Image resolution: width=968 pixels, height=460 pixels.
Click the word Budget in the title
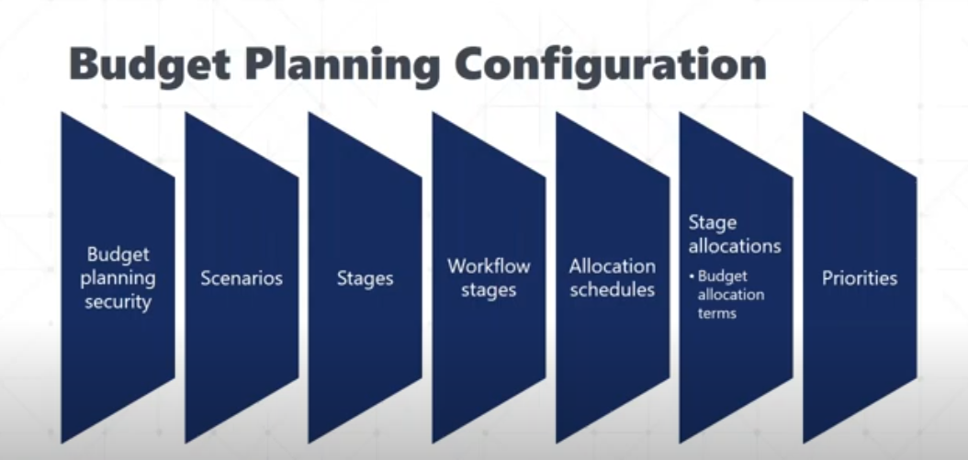pos(150,65)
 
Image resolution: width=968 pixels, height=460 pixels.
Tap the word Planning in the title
pos(343,65)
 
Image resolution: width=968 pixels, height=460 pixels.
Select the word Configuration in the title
pos(610,65)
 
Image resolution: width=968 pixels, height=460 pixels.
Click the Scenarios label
pos(242,278)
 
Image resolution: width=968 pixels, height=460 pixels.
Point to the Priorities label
pos(860,278)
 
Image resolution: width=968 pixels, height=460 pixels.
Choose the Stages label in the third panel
pos(365,278)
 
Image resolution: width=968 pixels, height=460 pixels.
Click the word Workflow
pos(489,266)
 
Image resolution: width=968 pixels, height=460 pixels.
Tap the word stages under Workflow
pos(489,290)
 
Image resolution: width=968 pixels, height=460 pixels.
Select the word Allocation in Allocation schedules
pos(612,266)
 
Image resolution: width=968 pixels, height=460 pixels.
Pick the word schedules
pos(612,289)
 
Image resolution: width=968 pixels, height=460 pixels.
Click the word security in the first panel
pos(118,302)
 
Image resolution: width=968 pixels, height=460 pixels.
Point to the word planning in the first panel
pos(118,278)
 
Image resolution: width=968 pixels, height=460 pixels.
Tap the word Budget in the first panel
pos(118,254)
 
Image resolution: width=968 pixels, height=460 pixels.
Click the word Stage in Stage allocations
pos(713,223)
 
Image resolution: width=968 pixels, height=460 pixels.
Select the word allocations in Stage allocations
pos(735,246)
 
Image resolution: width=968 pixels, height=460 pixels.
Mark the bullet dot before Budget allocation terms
pos(692,276)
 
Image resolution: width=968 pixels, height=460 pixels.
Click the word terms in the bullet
pos(716,313)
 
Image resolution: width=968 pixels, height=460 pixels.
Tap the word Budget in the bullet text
pos(722,276)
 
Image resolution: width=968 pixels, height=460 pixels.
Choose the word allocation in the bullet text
pos(731,295)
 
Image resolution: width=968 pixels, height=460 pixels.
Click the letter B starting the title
pos(84,65)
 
